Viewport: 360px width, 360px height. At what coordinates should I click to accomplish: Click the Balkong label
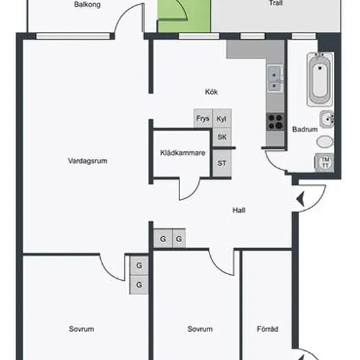tap(87, 5)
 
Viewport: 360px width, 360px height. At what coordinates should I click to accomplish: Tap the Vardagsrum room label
tap(88, 161)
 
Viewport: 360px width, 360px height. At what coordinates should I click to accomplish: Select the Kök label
tap(211, 92)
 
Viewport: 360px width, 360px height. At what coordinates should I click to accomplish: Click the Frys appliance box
tap(203, 118)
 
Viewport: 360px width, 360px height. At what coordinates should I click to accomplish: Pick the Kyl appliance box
tap(222, 118)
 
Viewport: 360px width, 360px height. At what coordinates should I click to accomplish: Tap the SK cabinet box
tap(222, 137)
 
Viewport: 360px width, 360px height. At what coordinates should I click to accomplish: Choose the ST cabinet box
tap(222, 163)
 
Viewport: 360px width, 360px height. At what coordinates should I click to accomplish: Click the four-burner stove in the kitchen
tap(276, 122)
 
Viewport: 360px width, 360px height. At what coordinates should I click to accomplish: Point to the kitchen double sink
tap(275, 78)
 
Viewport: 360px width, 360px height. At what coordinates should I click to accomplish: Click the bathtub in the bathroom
tap(320, 79)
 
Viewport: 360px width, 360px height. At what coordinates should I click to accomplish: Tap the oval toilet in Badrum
tap(325, 141)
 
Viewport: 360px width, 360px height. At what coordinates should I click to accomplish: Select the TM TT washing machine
tap(325, 162)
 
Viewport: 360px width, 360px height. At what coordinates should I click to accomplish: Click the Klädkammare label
tap(183, 153)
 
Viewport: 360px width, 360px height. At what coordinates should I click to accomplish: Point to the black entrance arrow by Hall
tap(300, 199)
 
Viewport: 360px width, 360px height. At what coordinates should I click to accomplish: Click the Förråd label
tap(268, 329)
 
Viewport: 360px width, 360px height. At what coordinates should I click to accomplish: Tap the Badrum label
tap(305, 129)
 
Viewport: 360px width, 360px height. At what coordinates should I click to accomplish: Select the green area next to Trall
tap(184, 16)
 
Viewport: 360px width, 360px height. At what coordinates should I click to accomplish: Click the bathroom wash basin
tap(327, 119)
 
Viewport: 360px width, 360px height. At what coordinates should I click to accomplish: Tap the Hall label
tap(239, 210)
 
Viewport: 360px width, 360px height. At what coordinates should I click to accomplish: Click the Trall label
tap(276, 3)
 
